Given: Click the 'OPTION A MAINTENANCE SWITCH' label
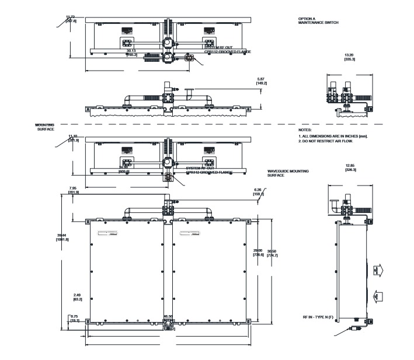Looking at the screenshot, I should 318,20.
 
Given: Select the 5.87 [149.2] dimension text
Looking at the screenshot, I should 262,81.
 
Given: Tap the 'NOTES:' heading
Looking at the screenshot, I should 305,130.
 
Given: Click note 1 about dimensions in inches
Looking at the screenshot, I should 333,136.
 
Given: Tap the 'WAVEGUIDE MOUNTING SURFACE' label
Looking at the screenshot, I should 288,173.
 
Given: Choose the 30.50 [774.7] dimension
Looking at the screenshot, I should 272,253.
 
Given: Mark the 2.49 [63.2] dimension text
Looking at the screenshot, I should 78,297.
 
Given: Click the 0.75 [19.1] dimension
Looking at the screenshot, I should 75,318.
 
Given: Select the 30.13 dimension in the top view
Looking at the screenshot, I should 131,50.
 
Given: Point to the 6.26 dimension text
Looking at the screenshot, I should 258,190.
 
